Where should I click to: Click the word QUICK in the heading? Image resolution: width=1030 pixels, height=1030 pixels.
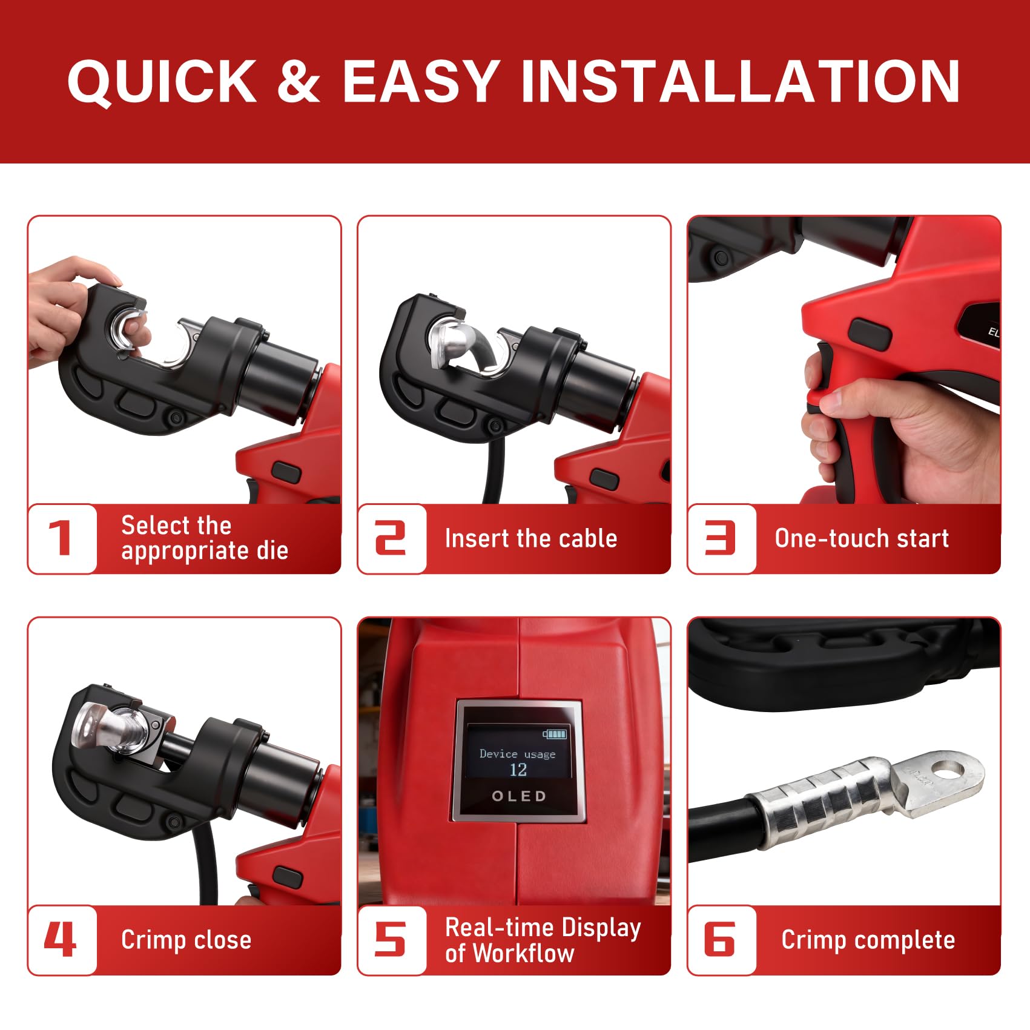tap(162, 81)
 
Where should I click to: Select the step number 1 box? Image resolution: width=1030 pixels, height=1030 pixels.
tap(62, 538)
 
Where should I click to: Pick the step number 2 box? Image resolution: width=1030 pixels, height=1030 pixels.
tap(392, 538)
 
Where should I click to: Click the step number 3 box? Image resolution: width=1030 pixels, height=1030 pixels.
tap(722, 538)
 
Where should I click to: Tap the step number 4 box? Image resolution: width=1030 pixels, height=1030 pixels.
tap(62, 940)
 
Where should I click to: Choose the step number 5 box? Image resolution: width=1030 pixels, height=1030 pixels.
tap(392, 940)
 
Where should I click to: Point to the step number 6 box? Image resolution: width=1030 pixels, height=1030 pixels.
tap(722, 940)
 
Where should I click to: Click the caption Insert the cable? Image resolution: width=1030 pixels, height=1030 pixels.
tap(531, 538)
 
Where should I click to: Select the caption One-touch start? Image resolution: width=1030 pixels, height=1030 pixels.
tap(862, 538)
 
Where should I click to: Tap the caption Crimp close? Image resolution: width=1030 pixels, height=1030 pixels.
tap(186, 940)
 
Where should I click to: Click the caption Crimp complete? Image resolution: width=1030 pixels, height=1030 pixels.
tap(868, 940)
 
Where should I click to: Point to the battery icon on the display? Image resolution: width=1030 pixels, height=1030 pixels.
tap(555, 734)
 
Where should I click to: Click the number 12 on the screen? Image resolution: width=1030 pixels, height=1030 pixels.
tap(518, 770)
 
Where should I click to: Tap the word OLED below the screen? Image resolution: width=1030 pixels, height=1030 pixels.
tap(519, 796)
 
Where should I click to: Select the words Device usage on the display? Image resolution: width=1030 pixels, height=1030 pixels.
tap(517, 754)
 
